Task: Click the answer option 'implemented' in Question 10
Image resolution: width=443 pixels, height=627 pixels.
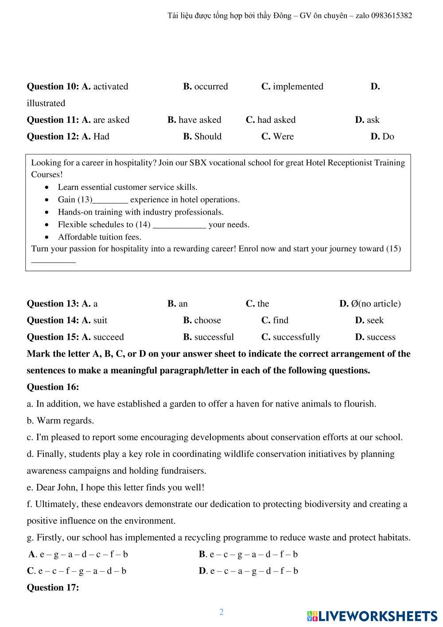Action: [x=298, y=86]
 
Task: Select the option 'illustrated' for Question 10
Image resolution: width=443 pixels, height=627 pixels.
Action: [x=46, y=103]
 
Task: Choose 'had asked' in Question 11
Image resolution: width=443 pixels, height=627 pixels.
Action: [x=276, y=120]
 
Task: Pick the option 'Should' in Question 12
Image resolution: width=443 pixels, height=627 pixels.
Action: [x=208, y=137]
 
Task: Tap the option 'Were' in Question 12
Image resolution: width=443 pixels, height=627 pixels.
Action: [x=283, y=137]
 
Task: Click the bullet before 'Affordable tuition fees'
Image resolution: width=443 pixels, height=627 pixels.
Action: [x=47, y=237]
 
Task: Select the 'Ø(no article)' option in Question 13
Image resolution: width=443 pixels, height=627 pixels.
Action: [x=375, y=304]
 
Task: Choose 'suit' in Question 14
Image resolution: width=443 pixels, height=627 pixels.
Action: [x=100, y=320]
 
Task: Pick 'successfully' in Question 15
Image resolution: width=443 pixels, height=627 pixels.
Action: [x=296, y=337]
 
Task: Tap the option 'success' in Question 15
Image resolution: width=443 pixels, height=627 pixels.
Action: [x=381, y=337]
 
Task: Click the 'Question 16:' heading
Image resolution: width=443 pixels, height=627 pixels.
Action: [x=53, y=387]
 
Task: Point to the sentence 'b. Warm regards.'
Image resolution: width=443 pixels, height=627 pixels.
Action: [x=60, y=420]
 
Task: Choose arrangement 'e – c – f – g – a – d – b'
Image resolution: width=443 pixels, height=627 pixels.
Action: [x=82, y=571]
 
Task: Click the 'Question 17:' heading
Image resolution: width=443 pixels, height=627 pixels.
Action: [x=53, y=588]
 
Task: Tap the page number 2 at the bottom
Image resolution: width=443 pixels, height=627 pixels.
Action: [x=221, y=612]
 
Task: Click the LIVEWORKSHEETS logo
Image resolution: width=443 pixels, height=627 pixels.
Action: [x=372, y=616]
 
